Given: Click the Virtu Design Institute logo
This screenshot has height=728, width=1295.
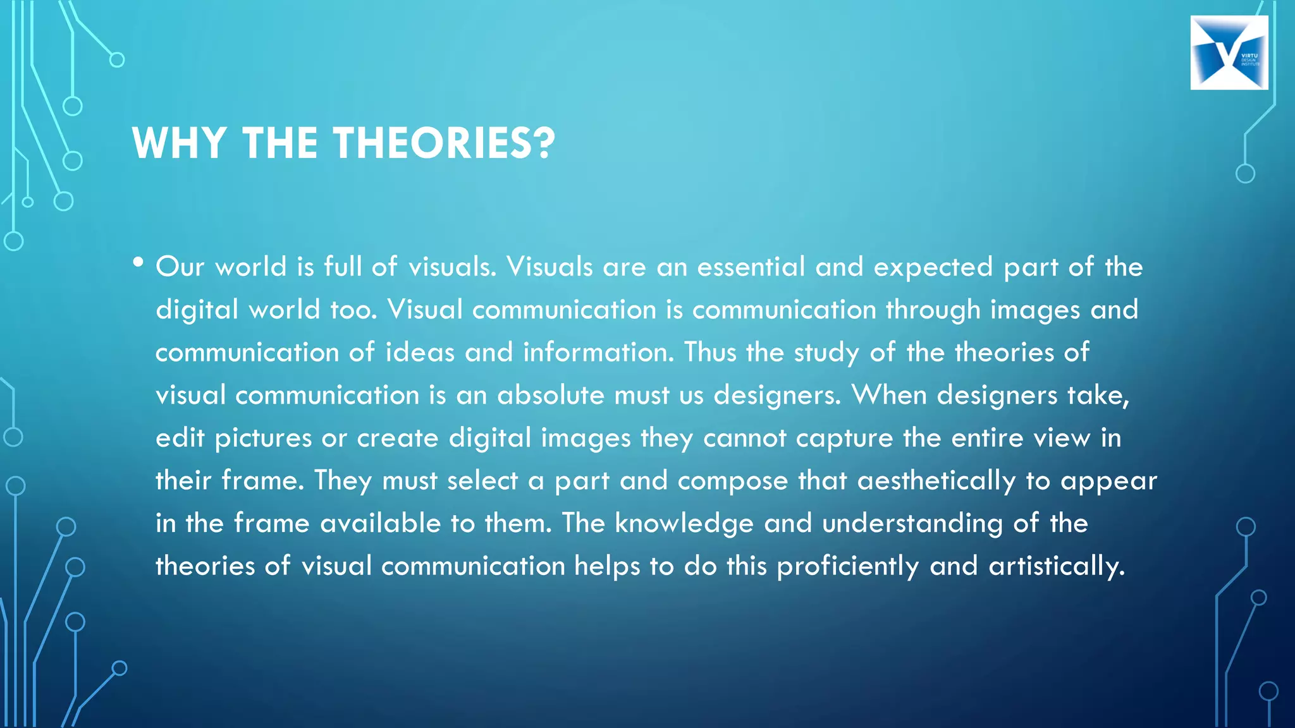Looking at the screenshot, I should pyautogui.click(x=1229, y=52).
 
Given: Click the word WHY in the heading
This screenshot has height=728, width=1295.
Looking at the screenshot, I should pyautogui.click(x=179, y=143).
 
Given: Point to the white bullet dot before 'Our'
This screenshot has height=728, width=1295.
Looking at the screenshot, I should pyautogui.click(x=138, y=262).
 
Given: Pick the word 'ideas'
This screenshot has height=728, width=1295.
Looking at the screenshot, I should pyautogui.click(x=420, y=353).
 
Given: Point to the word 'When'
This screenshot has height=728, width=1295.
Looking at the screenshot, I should pyautogui.click(x=889, y=396).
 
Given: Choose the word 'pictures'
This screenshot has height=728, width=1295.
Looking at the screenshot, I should pyautogui.click(x=263, y=439).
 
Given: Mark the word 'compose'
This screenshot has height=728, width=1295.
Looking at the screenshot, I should pyautogui.click(x=733, y=482).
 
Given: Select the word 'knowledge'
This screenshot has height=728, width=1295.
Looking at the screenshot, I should pyautogui.click(x=684, y=524).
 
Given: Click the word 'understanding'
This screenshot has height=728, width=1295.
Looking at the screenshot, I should pyautogui.click(x=912, y=524).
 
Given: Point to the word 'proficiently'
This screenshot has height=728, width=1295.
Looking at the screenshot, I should pyautogui.click(x=847, y=567).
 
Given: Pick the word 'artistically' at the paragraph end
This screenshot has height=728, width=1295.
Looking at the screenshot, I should pyautogui.click(x=1055, y=567).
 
